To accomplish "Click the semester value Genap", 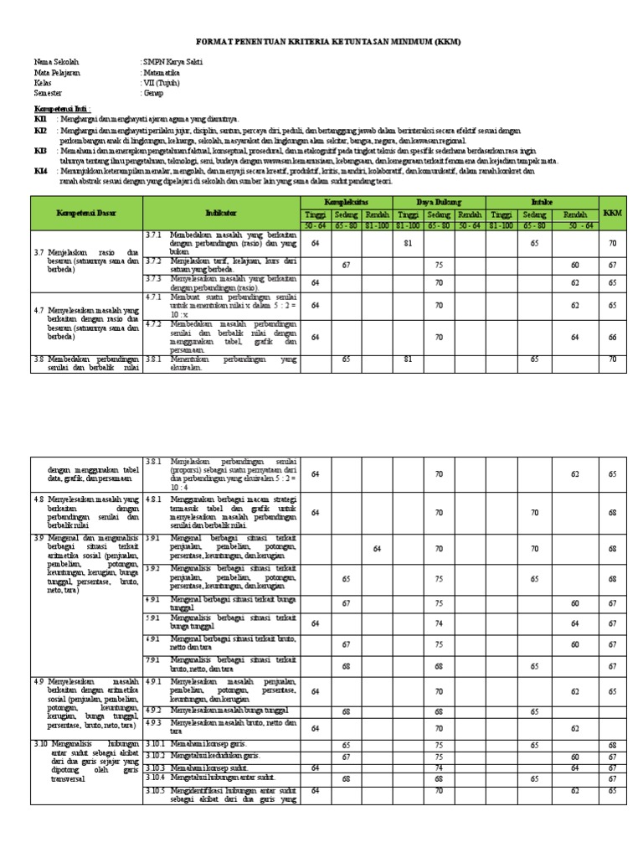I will click(156, 93).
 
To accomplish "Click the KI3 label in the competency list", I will click(40, 150).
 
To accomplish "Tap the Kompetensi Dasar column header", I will click(86, 214).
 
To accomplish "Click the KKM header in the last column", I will click(613, 214).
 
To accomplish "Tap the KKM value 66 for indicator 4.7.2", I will click(613, 337).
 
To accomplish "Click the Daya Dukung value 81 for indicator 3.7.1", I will click(409, 243).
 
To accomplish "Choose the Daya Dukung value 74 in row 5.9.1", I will click(439, 623).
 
